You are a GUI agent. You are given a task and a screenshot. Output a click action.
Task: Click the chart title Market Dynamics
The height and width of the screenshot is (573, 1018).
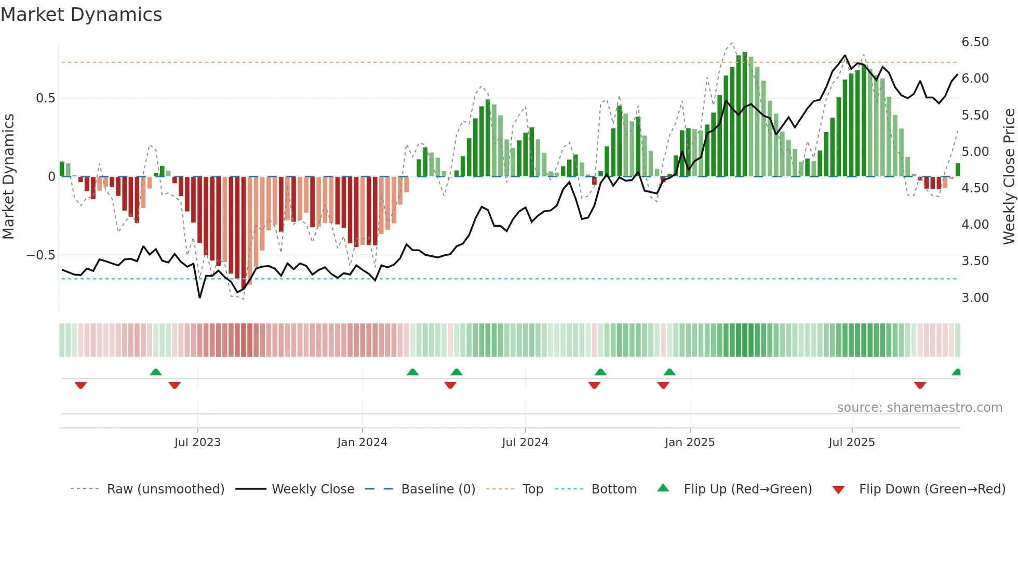pos(81,15)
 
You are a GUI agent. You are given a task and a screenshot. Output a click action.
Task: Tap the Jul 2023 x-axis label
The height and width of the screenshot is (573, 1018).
pos(197,442)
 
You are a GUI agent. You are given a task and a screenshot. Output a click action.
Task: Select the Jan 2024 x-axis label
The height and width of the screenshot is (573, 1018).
pos(362,442)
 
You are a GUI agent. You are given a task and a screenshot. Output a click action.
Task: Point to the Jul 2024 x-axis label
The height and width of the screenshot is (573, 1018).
pos(525,442)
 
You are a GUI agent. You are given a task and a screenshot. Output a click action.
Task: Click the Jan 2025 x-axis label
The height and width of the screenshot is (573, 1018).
pos(689,442)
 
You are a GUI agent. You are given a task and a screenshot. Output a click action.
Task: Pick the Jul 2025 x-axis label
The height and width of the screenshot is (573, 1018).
pos(851,442)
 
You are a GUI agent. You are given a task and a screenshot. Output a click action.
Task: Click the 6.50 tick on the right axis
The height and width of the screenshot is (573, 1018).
pos(975,42)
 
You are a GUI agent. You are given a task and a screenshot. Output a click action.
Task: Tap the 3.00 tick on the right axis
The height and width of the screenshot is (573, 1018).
pos(975,298)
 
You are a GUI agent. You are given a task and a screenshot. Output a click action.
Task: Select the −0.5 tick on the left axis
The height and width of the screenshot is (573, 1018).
pos(41,255)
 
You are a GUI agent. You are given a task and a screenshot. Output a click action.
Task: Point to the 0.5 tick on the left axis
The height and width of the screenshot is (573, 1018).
pos(45,98)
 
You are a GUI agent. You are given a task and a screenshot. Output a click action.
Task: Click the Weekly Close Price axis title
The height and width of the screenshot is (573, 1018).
pos(1009,177)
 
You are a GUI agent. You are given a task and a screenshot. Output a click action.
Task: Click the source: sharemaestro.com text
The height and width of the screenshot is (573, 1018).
pos(919,408)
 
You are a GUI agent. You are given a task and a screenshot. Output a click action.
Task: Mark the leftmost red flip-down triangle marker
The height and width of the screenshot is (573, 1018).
pos(81,385)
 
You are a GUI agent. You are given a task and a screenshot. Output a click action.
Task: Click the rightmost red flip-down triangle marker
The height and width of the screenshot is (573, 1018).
pos(920,385)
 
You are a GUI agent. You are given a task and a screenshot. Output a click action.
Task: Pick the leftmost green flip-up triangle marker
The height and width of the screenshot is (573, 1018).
pos(156,372)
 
